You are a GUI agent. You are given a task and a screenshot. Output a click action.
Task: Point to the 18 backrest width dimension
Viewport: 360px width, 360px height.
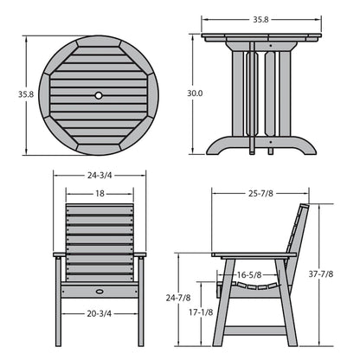pos(101,195)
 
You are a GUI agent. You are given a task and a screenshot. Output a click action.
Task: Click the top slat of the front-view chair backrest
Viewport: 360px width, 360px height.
pos(100,209)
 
